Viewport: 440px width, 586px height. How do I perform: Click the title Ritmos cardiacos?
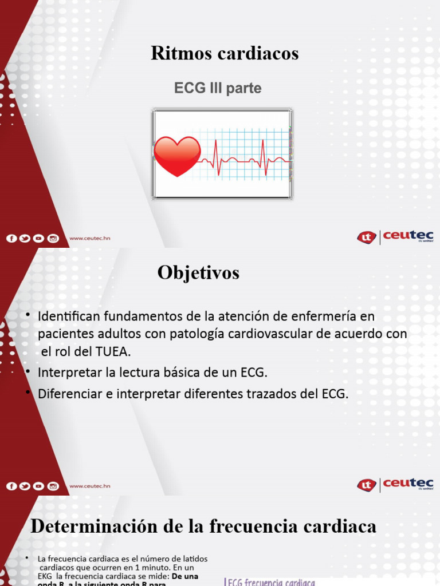[225, 53]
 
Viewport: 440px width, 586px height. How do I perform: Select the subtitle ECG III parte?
[218, 89]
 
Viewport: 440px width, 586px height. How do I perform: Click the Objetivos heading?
[198, 274]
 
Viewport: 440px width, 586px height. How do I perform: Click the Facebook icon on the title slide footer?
[11, 238]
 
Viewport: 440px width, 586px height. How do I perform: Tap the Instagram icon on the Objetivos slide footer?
[53, 486]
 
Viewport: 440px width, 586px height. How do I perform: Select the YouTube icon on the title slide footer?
[39, 238]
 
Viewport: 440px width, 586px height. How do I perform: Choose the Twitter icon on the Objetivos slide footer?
[25, 486]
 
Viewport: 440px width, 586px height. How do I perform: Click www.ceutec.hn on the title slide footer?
[89, 238]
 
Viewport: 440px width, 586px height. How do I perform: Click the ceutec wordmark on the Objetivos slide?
[408, 484]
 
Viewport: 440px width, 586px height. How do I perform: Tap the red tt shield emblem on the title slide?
[366, 237]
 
